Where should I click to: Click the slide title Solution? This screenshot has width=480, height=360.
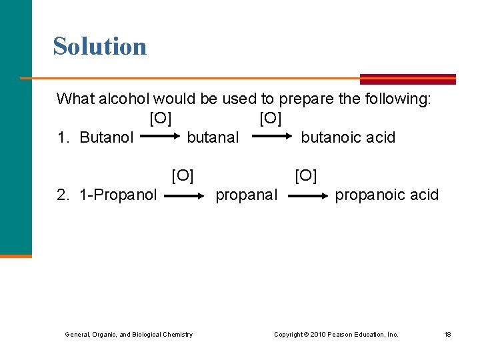[x=100, y=47]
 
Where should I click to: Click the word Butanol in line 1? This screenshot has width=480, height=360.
[x=106, y=138]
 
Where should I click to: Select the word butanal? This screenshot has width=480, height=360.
[x=213, y=138]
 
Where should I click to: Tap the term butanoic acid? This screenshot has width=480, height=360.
[x=348, y=138]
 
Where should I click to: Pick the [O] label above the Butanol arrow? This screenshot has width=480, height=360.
[x=161, y=119]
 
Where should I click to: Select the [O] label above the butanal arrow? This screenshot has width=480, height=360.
[x=271, y=119]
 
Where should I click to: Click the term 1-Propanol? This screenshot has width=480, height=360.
[x=118, y=195]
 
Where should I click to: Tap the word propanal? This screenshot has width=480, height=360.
[x=246, y=195]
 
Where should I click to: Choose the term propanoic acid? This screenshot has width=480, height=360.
[x=387, y=195]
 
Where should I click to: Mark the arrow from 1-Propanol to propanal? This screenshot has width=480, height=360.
[x=184, y=197]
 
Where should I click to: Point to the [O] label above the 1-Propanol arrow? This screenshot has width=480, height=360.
[x=183, y=176]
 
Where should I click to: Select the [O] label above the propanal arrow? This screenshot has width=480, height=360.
[x=306, y=176]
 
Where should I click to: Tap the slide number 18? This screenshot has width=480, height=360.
[x=447, y=335]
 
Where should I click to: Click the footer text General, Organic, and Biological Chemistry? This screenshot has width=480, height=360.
[x=129, y=335]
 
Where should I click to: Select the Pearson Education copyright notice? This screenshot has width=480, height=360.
[x=336, y=335]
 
